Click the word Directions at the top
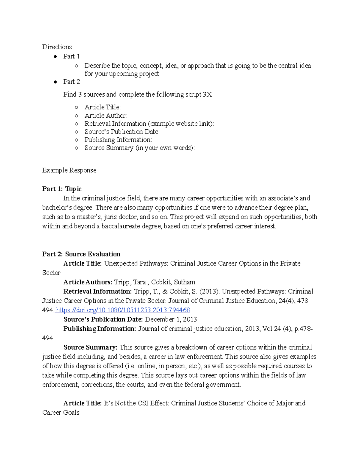point(57,47)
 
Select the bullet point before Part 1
point(55,57)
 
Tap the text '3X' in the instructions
point(207,95)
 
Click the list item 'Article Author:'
point(106,116)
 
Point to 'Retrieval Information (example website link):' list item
point(149,124)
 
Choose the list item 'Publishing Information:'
point(118,140)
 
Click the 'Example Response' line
point(69,170)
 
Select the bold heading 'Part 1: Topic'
point(62,189)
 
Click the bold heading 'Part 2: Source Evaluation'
point(81,254)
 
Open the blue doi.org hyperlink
point(123,310)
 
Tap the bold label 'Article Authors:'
point(88,282)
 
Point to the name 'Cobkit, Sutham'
point(173,282)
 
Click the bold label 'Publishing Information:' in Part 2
point(100,329)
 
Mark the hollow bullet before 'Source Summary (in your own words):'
point(76,148)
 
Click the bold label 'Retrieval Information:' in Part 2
point(97,291)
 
